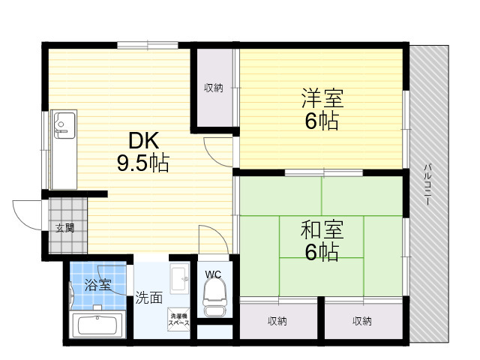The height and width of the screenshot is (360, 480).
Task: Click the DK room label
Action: coord(143,140)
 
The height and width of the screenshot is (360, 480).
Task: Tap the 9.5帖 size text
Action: coord(143,163)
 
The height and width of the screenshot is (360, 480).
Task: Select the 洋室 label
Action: coord(322,98)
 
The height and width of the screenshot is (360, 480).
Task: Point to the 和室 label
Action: coord(322,229)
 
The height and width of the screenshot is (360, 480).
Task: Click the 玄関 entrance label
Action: coord(65,228)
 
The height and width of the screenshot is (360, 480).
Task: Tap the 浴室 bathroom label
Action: coord(97,285)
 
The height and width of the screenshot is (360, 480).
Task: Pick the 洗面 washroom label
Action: coord(149,298)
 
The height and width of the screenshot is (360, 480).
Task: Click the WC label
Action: coord(213,274)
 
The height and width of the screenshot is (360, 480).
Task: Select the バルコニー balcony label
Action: coord(427,184)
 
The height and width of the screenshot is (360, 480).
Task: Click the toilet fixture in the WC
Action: coord(215,298)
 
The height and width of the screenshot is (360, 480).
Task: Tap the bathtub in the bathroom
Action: coord(97,325)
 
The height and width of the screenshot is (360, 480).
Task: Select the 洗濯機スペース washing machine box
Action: coord(179,319)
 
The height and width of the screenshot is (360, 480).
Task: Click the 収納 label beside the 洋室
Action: coord(213,88)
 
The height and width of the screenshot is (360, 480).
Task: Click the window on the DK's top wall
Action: coord(148,45)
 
